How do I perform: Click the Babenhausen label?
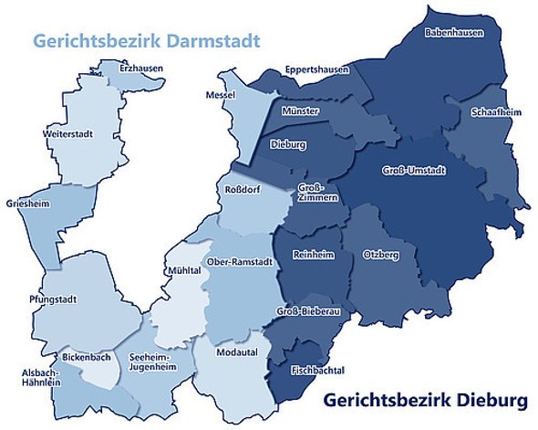(453, 33)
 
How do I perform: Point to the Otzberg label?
(380, 254)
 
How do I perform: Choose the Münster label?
(301, 110)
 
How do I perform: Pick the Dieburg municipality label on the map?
(286, 144)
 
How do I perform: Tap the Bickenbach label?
(87, 357)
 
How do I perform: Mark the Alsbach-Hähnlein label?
(41, 378)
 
